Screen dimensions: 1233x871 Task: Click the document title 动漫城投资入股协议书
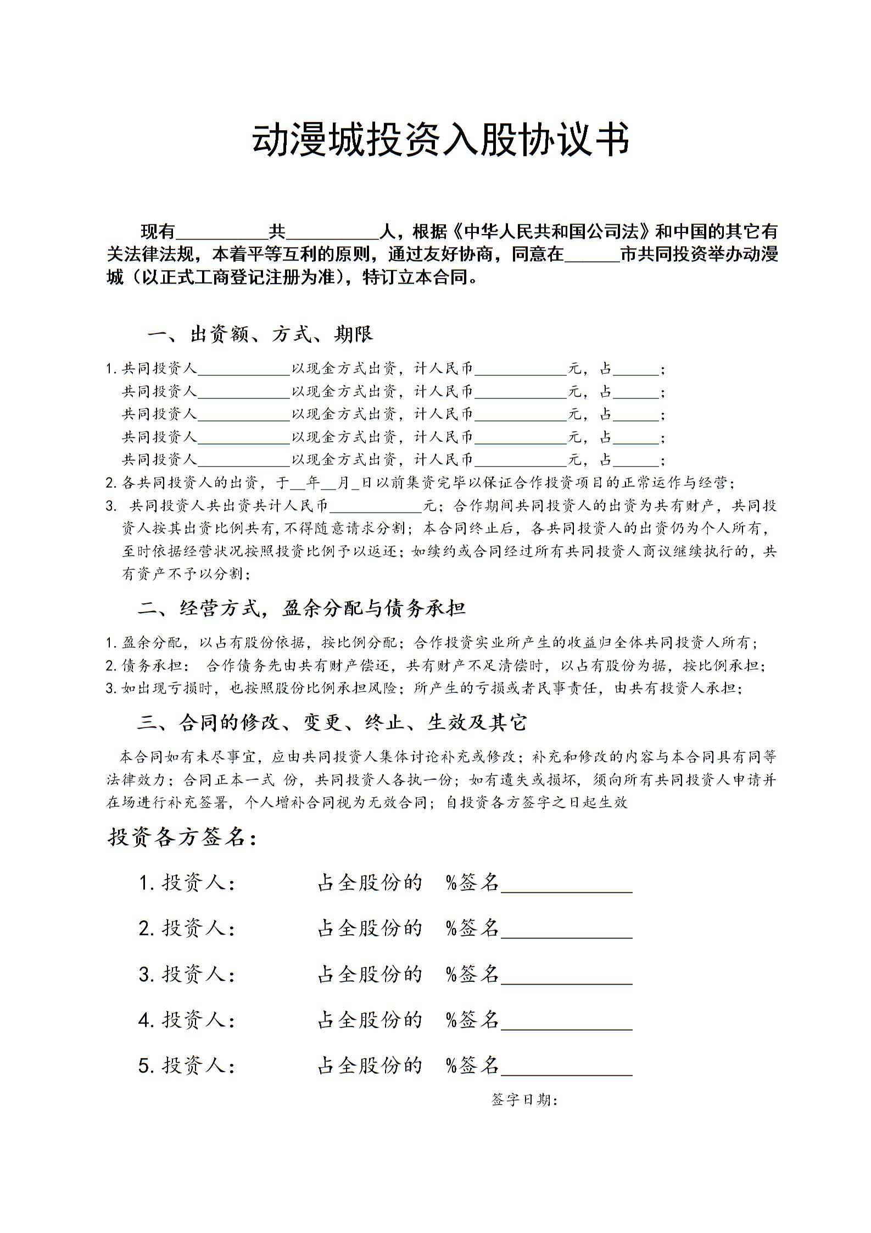[440, 140]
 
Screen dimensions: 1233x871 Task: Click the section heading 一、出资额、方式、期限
[260, 334]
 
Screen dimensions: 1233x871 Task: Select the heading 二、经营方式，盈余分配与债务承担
[302, 608]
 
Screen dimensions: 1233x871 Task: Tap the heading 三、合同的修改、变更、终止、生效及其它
[332, 722]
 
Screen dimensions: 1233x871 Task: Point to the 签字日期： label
[524, 1100]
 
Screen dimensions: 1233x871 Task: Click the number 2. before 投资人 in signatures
[146, 929]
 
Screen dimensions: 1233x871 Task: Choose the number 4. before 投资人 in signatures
[146, 1020]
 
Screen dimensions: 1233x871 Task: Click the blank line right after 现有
[221, 233]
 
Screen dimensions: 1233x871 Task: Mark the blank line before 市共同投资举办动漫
[592, 256]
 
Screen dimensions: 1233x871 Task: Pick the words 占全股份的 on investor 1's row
[370, 883]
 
